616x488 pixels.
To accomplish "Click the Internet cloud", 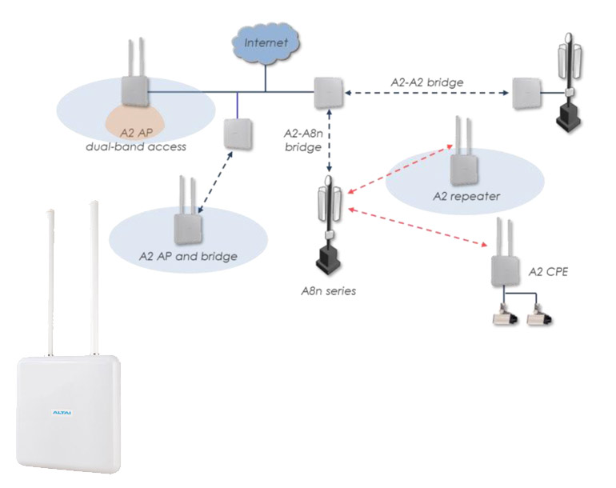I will tap(264, 41).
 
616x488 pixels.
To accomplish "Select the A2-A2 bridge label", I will tap(426, 82).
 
